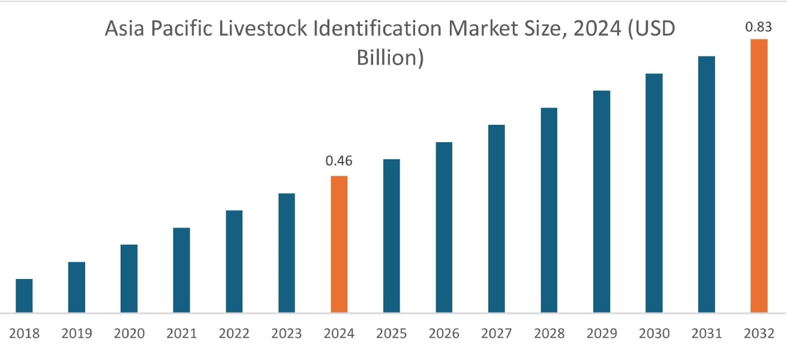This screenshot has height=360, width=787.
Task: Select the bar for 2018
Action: (x=24, y=296)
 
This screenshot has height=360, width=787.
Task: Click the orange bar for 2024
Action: (x=339, y=244)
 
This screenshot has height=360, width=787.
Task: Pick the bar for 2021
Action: (x=181, y=270)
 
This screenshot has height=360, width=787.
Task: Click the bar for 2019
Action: (x=76, y=287)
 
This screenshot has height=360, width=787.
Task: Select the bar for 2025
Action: (x=391, y=236)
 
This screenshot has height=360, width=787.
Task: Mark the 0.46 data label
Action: (x=339, y=161)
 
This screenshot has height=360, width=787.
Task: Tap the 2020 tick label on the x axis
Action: (x=129, y=334)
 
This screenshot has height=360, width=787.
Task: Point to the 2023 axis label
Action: (x=286, y=334)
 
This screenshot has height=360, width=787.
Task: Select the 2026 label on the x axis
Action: (x=444, y=334)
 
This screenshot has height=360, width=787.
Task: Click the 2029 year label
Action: (x=601, y=334)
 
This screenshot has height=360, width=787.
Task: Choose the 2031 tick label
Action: (x=706, y=334)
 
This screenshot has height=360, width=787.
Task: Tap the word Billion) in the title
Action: (x=391, y=58)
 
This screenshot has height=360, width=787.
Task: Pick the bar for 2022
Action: (x=234, y=262)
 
